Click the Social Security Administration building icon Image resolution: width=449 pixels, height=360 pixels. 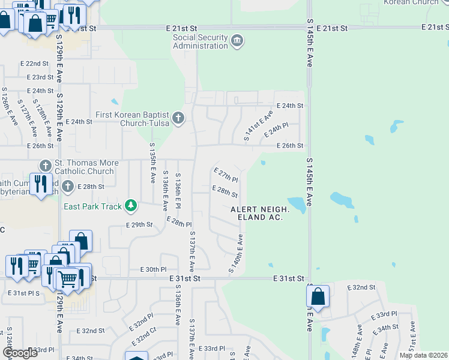[237, 41]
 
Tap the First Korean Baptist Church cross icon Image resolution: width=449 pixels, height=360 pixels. [178, 118]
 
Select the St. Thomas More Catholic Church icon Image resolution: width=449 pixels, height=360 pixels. [45, 166]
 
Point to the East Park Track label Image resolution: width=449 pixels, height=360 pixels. [93, 207]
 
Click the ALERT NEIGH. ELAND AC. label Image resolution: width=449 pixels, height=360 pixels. [261, 213]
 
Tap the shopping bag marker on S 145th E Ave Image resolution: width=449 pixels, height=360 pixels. [318, 296]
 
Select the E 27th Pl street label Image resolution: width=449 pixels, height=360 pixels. [226, 175]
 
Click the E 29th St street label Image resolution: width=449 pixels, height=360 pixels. [139, 224]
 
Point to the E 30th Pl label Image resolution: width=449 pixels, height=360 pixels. [153, 270]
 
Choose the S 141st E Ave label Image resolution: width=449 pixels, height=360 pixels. [259, 126]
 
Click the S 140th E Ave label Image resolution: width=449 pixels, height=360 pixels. [235, 254]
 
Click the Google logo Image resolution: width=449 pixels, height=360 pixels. [20, 353]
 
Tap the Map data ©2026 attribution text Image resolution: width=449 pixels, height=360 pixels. [423, 355]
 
